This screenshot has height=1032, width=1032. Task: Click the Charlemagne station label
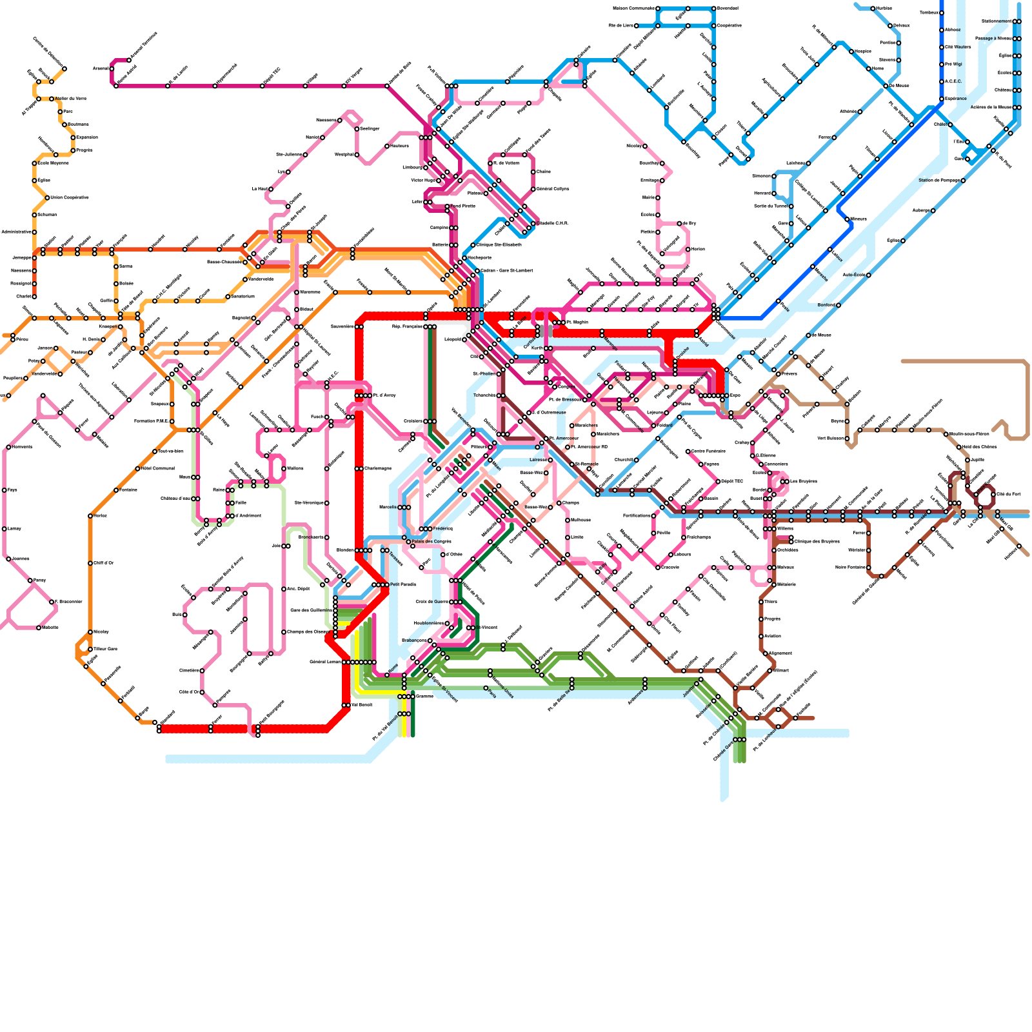[377, 469]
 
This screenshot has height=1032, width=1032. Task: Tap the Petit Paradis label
[403, 584]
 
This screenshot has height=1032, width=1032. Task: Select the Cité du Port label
[1009, 494]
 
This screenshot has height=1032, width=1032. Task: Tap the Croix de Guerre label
[432, 602]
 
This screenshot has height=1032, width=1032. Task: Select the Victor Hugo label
[424, 181]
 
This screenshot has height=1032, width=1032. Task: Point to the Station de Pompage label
[940, 181]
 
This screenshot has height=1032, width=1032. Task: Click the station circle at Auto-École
[869, 275]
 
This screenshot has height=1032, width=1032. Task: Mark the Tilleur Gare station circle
[90, 650]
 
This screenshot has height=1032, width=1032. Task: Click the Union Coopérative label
[70, 197]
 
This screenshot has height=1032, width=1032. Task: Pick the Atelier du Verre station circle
[52, 99]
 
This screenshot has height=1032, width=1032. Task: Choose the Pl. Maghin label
[577, 322]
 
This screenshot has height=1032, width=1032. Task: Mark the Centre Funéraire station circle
[688, 451]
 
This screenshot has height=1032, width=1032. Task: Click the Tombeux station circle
[942, 13]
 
